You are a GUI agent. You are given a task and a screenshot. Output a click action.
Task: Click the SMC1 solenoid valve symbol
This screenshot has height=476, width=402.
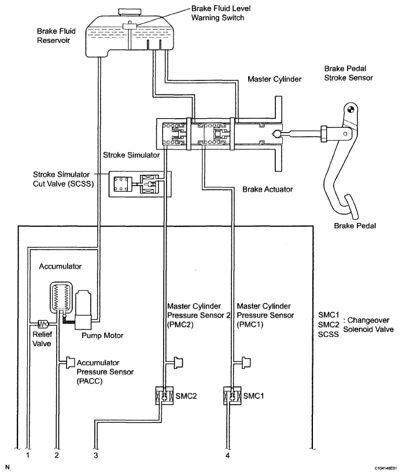click(232, 396)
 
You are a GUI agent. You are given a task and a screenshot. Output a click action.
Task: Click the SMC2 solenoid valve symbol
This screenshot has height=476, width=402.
click(164, 396)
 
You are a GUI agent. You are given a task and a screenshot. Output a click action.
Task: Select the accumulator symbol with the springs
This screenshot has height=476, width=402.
click(61, 297)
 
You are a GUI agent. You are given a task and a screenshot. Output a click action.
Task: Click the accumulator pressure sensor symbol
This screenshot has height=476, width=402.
click(71, 363)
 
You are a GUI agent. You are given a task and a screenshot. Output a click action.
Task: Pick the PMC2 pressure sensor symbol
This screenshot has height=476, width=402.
click(179, 363)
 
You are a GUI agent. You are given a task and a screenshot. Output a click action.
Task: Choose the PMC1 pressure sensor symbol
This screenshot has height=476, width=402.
click(246, 363)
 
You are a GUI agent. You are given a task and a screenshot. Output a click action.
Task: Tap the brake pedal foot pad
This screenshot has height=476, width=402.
click(351, 207)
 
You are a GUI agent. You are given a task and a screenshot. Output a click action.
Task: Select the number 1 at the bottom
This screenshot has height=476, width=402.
click(28, 455)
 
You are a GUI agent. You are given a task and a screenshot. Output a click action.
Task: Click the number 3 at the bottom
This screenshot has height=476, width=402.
click(96, 455)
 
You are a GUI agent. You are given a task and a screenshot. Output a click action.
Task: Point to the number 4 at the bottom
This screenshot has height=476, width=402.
click(228, 455)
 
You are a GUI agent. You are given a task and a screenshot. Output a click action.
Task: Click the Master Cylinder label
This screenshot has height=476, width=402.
click(274, 79)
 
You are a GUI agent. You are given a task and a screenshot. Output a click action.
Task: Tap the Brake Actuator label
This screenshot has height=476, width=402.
click(268, 189)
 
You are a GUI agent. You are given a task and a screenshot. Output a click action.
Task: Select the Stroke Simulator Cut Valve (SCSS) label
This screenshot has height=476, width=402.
click(63, 179)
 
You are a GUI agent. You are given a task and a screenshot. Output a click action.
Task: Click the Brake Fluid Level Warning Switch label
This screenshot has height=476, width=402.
click(221, 13)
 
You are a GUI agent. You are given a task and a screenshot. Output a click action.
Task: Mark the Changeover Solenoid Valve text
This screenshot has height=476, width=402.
click(368, 325)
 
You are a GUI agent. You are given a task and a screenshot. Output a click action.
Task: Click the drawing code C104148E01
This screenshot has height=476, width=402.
click(386, 468)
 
